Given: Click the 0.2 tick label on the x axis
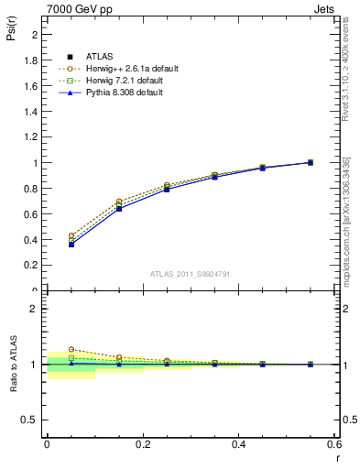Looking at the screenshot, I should (143, 444).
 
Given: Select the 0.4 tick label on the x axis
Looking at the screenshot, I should (238, 444).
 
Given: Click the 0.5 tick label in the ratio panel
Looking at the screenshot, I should (31, 420).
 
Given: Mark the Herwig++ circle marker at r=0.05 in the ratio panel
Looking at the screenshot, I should (71, 349).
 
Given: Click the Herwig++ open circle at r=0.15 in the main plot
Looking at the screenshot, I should (119, 202).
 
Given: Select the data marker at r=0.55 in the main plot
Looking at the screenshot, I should (310, 162).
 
